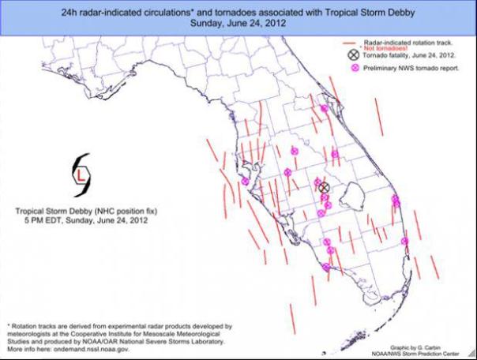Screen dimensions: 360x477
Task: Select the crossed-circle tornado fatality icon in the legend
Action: (x=352, y=55)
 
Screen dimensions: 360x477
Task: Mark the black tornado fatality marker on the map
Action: (x=323, y=187)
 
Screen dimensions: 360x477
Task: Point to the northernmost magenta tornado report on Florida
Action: (x=324, y=108)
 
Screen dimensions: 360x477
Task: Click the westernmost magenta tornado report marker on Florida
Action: (x=245, y=182)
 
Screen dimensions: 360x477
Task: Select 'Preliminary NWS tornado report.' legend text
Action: (x=411, y=69)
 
